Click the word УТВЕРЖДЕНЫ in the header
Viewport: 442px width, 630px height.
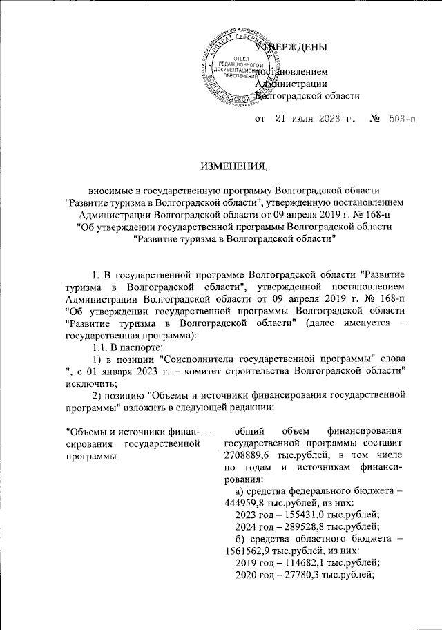pyautogui.click(x=290, y=48)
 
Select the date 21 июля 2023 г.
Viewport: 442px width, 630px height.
pyautogui.click(x=315, y=119)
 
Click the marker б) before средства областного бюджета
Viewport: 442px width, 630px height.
pyautogui.click(x=242, y=548)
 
